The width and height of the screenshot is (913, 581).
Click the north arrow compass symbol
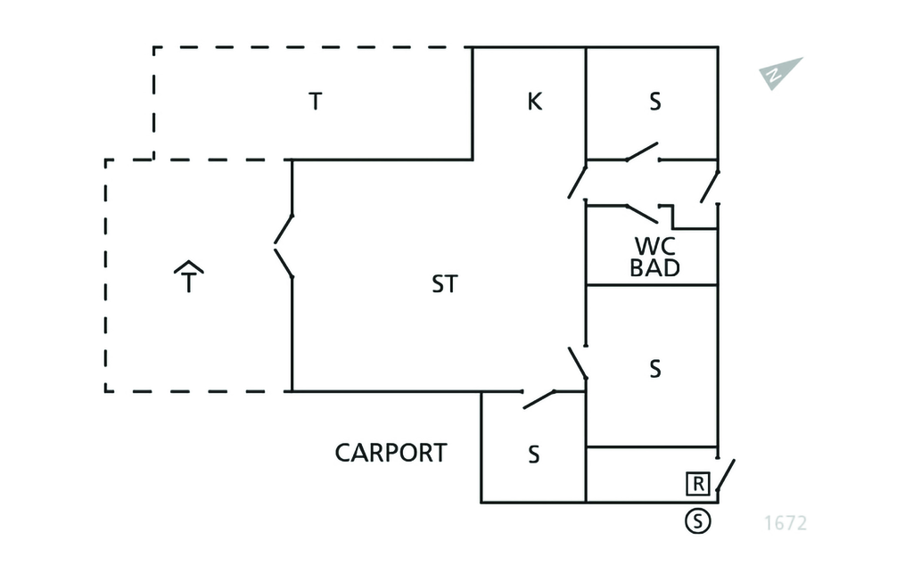tap(781, 73)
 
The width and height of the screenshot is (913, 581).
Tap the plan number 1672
tap(786, 523)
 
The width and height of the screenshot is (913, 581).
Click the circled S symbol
tap(698, 521)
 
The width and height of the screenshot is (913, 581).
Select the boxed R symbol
tap(697, 484)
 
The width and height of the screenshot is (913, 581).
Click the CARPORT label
tap(391, 453)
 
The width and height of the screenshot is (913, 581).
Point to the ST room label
tap(445, 284)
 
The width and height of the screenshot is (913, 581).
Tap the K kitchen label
tap(534, 102)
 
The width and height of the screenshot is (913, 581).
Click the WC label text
tap(655, 246)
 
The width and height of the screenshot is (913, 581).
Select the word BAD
tap(655, 267)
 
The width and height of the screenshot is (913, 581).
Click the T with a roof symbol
tap(188, 278)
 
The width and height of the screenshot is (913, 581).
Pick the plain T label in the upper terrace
tap(314, 102)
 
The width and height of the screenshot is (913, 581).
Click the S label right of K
tap(655, 102)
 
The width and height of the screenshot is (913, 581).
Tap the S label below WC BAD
tap(655, 369)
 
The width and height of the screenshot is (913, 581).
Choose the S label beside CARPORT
tap(533, 454)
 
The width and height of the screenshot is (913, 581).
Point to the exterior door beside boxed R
tap(726, 477)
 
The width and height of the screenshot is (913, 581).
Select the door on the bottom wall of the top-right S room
tap(642, 152)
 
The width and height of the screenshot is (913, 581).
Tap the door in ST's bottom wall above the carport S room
tap(539, 398)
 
